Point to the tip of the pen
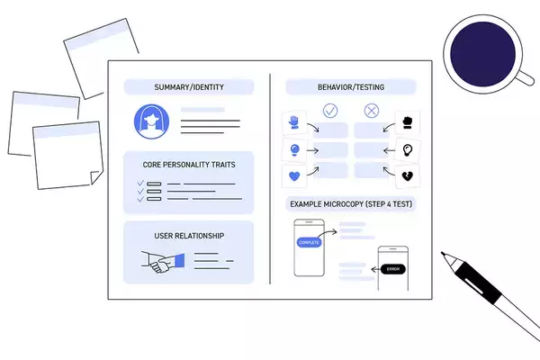444,256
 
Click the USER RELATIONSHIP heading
189,236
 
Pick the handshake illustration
163,262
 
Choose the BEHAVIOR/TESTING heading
351,87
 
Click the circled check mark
330,112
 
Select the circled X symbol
372,112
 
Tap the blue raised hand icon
293,121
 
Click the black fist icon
407,121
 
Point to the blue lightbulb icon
293,149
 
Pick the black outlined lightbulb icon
407,149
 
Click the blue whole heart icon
293,176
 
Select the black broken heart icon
407,176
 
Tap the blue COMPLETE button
309,242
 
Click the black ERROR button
393,268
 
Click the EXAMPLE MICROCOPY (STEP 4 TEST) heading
351,204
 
